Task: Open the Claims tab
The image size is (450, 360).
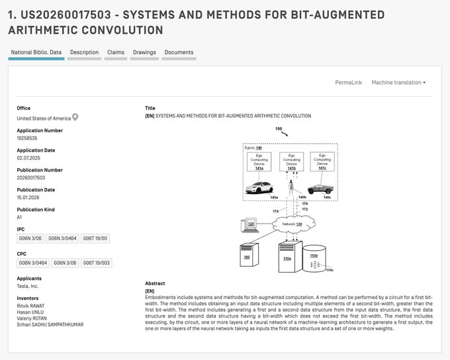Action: (x=115, y=52)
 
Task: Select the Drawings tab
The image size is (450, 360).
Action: (x=144, y=52)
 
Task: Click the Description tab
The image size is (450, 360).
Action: (x=84, y=52)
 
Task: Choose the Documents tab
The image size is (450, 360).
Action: (x=179, y=52)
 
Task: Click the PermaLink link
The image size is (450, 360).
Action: (x=348, y=83)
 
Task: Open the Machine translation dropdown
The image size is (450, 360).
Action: (x=398, y=83)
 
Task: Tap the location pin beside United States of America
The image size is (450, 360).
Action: (x=75, y=118)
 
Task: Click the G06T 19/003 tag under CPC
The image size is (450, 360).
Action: (x=97, y=263)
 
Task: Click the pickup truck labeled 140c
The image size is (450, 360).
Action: (x=322, y=189)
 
